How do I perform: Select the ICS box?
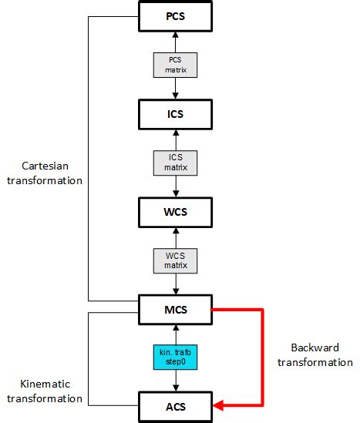point(177,114)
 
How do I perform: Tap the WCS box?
point(177,210)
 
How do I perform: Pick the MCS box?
point(177,310)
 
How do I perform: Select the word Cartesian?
point(52,166)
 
